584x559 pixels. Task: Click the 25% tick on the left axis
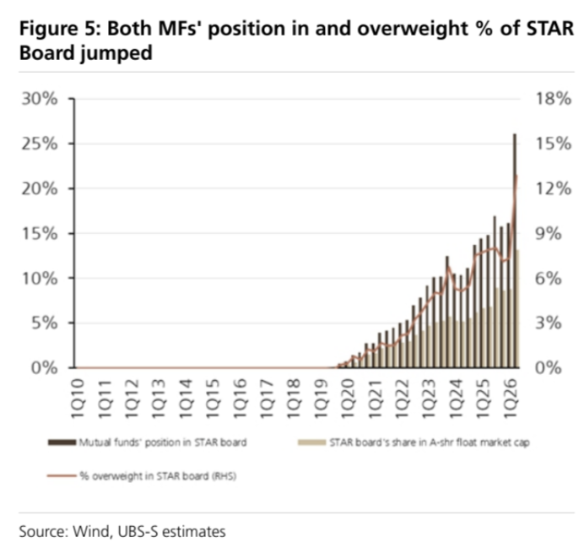point(40,144)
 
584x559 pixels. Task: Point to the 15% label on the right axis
point(553,144)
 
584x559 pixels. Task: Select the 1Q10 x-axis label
point(78,399)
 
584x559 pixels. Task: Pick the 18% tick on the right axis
point(553,99)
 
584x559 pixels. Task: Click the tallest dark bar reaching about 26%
point(515,251)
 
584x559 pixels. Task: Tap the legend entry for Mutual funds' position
point(148,442)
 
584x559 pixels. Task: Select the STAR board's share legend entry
point(414,442)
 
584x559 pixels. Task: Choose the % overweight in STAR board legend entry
point(142,476)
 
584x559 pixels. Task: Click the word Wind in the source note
point(92,531)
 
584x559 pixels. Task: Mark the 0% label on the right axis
point(549,368)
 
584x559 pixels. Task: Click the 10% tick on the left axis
point(40,279)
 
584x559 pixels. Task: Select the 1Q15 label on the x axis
point(212,399)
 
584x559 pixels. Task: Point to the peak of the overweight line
point(516,175)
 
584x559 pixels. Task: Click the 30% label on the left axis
point(40,99)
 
